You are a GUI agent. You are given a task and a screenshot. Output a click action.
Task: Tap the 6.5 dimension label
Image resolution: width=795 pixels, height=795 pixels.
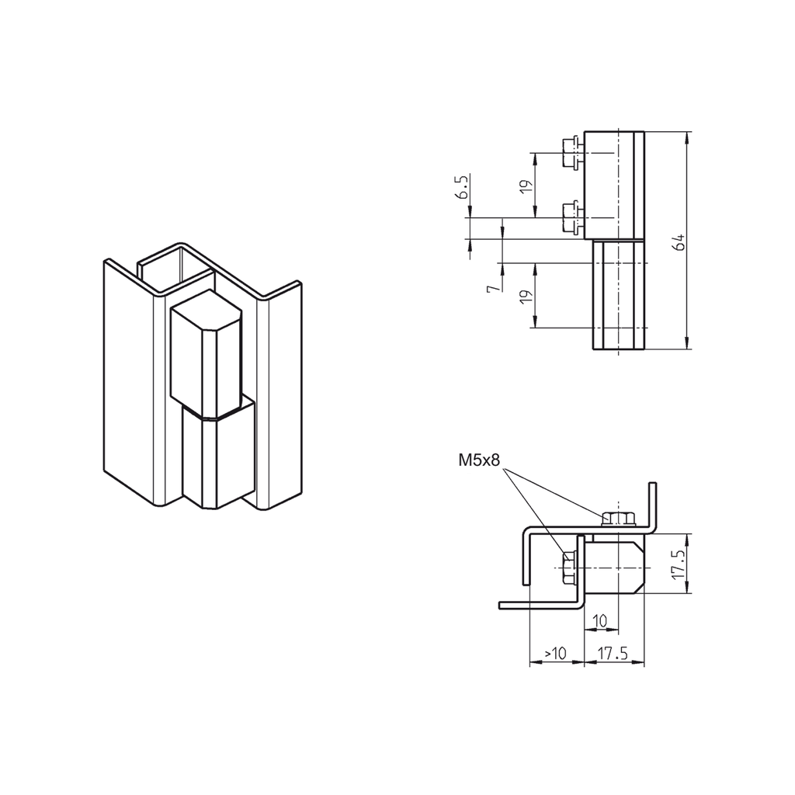(463, 188)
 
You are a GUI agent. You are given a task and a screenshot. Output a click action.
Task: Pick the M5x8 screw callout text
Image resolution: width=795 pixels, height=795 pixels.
(481, 460)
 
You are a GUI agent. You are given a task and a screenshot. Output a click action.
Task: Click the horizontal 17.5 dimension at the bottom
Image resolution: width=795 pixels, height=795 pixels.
(613, 654)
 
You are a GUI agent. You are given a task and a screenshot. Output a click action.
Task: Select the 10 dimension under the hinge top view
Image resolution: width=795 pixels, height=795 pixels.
(599, 621)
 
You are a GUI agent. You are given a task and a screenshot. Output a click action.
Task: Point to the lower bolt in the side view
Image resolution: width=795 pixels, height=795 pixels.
(571, 217)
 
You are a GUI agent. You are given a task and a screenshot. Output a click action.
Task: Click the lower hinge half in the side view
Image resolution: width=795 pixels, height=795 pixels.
(619, 295)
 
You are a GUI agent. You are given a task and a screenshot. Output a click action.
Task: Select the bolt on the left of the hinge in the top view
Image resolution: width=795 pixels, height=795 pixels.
(568, 568)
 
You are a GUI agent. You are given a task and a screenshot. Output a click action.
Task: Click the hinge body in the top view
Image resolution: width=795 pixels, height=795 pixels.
(613, 567)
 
